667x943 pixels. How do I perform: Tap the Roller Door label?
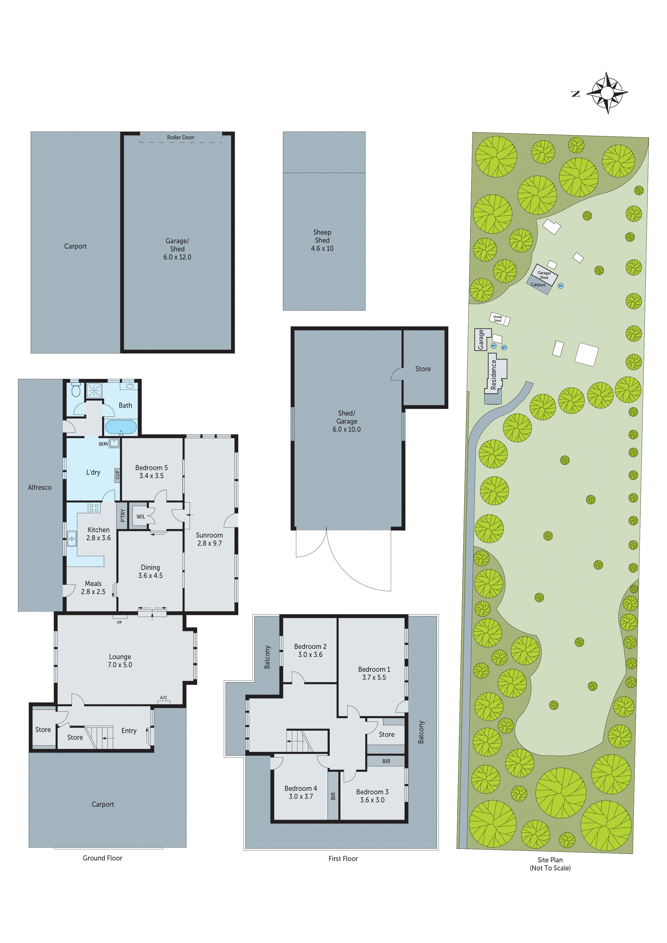click(x=180, y=137)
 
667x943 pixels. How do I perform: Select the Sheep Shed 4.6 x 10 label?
click(x=322, y=240)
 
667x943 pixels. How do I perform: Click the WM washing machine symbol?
click(x=114, y=443)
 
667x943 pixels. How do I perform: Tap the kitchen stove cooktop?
click(x=94, y=508)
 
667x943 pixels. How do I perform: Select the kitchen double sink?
click(x=72, y=538)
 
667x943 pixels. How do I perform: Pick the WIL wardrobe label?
click(x=141, y=517)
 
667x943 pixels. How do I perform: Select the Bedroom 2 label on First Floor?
click(x=310, y=646)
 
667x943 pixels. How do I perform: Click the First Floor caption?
click(x=343, y=858)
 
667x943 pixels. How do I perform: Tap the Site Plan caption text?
click(x=550, y=860)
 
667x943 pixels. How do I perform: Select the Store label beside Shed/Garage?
click(x=423, y=369)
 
